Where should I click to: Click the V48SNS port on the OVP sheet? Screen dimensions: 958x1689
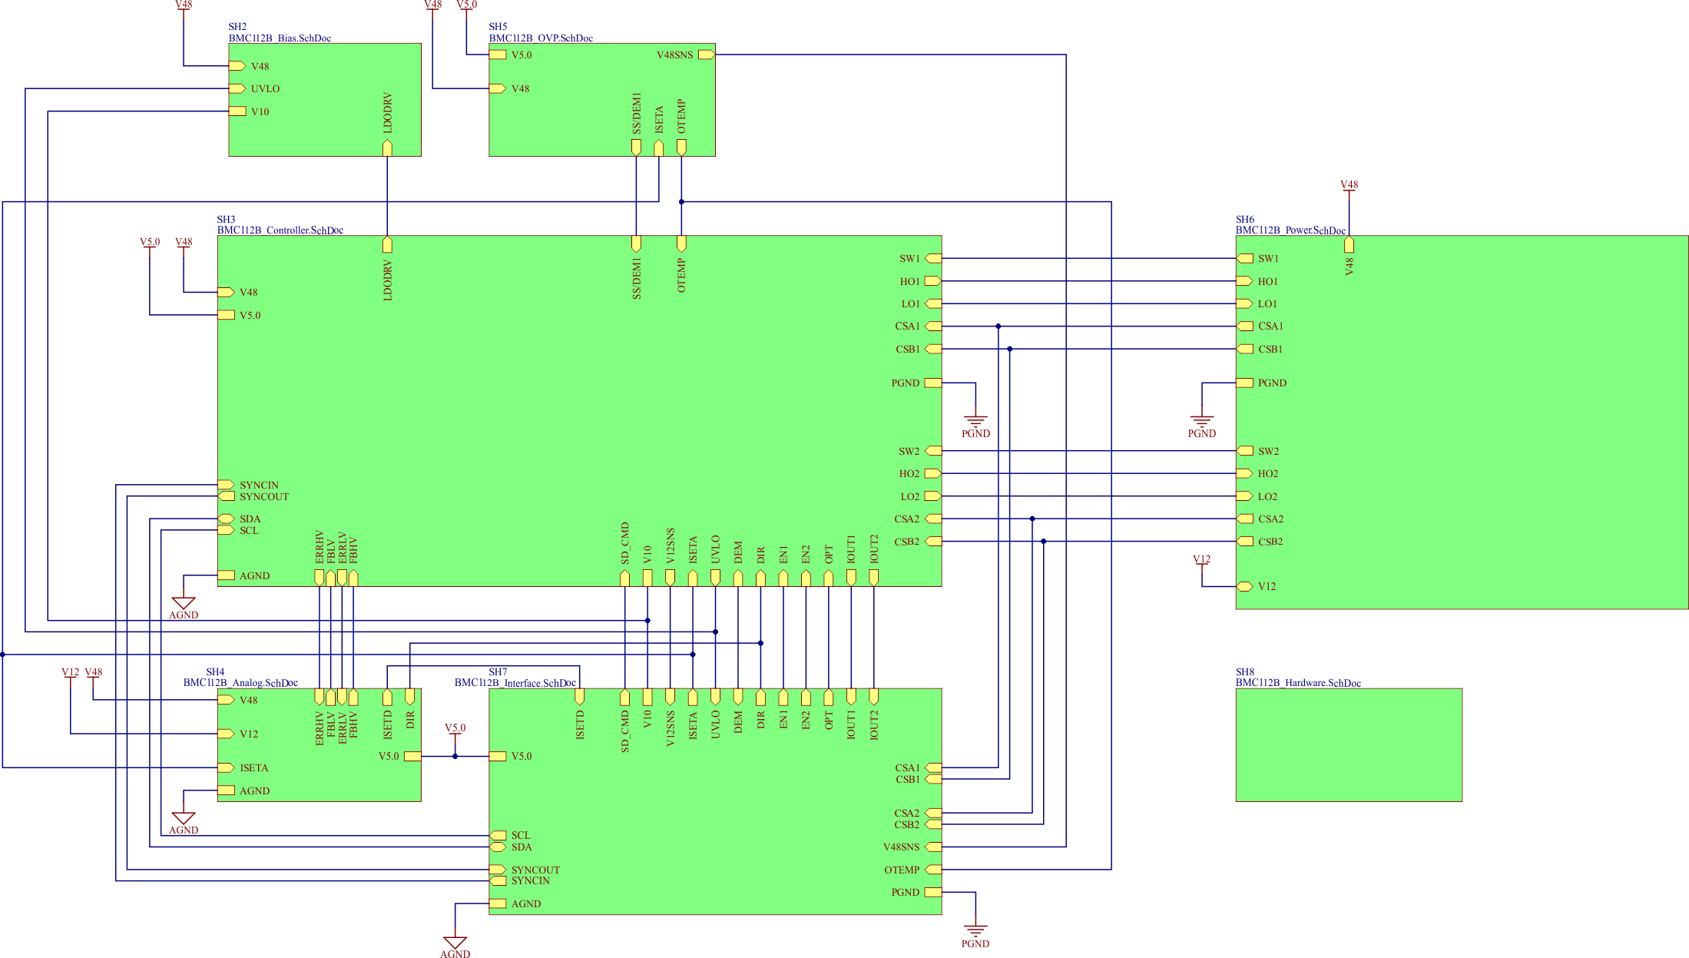tap(706, 55)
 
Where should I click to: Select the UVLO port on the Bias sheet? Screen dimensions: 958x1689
tap(237, 88)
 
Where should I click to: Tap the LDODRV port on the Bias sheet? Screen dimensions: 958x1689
tap(387, 148)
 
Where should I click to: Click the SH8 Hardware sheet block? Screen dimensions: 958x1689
tap(1348, 744)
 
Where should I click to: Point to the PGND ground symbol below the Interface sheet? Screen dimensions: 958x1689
tap(975, 931)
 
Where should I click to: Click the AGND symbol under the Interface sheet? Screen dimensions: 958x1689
tap(455, 943)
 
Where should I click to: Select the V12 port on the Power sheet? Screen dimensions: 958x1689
tap(1244, 586)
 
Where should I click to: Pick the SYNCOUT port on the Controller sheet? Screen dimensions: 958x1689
tap(227, 496)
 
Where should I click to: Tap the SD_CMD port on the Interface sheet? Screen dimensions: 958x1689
tap(624, 698)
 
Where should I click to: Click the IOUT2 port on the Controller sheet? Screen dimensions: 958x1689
tap(873, 577)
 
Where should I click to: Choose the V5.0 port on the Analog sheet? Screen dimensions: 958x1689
tap(412, 756)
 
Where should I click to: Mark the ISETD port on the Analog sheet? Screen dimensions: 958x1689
tap(387, 698)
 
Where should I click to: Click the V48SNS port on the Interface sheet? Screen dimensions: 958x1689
tap(933, 847)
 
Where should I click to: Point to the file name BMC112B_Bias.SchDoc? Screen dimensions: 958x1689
tap(280, 38)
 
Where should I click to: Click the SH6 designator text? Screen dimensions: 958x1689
tap(1244, 219)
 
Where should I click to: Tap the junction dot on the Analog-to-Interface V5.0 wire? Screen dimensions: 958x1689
tap(455, 756)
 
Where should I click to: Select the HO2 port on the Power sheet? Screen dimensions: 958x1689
tap(1244, 473)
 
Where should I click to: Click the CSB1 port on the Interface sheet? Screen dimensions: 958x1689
tap(933, 779)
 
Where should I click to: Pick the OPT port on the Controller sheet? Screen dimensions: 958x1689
tap(828, 577)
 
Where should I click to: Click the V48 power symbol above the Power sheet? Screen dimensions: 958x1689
tap(1349, 186)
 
